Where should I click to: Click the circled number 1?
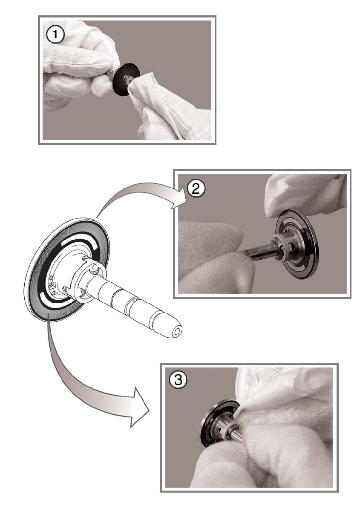click(55, 35)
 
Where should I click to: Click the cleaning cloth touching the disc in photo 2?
click(305, 196)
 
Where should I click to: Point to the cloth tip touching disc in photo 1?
click(131, 80)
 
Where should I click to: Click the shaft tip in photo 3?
click(242, 441)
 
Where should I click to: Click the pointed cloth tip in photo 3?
click(235, 417)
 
